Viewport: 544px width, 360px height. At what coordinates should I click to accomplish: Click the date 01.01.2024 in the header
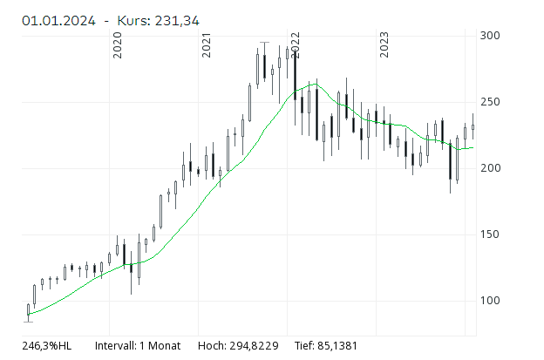tap(58, 19)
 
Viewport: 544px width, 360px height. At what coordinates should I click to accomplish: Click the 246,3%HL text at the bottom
tap(47, 346)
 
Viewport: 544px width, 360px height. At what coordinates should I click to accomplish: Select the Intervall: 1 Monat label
tap(138, 346)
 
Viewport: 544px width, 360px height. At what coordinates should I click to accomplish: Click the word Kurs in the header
tap(140, 19)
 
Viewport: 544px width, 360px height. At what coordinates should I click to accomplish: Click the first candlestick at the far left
tap(28, 310)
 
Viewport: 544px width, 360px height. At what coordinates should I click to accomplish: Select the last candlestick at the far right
tap(473, 127)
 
